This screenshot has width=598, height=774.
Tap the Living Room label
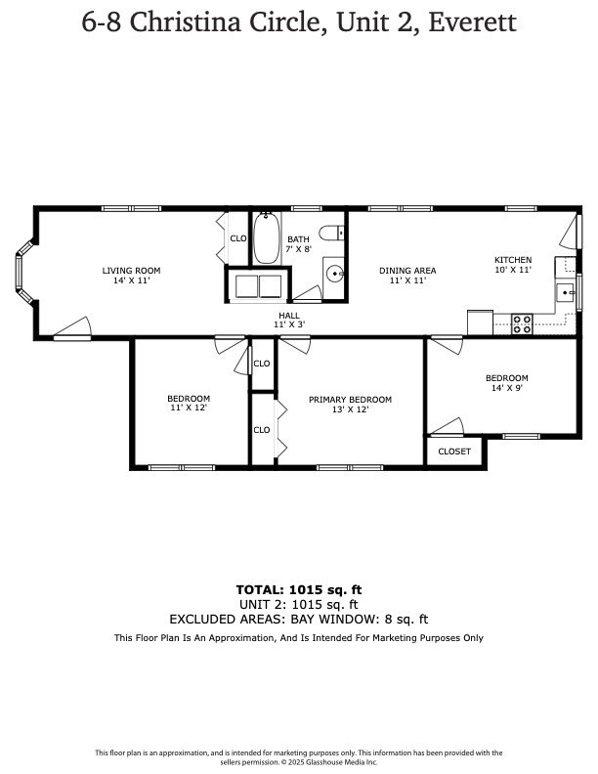tap(131, 271)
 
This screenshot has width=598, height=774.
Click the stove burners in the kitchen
tap(522, 322)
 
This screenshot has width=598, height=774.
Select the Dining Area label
tap(407, 271)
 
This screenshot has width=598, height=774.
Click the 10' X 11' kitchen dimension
tap(512, 270)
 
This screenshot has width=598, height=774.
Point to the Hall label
tap(289, 315)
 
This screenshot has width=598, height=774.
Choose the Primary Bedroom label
tap(350, 400)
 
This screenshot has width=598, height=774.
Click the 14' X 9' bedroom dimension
tap(507, 388)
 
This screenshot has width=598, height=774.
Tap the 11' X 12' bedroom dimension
tap(189, 408)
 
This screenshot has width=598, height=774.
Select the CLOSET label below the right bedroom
tap(454, 451)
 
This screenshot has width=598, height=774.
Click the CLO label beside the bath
tap(237, 237)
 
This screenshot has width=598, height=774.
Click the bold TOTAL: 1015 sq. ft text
tap(299, 589)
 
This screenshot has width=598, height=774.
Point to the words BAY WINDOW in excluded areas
tap(335, 619)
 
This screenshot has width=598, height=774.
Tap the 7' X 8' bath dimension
tap(298, 249)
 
